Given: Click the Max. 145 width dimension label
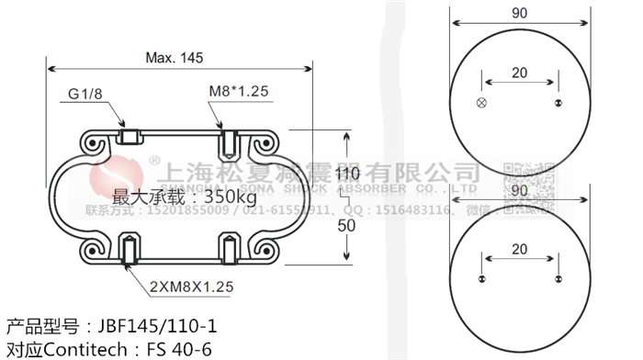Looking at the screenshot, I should click(x=174, y=57).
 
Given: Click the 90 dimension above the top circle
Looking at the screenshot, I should click(x=520, y=14).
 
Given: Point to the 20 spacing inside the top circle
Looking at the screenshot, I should click(x=519, y=73).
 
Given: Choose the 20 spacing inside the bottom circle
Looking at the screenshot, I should click(x=519, y=248).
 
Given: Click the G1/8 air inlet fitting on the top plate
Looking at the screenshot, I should click(x=130, y=139).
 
